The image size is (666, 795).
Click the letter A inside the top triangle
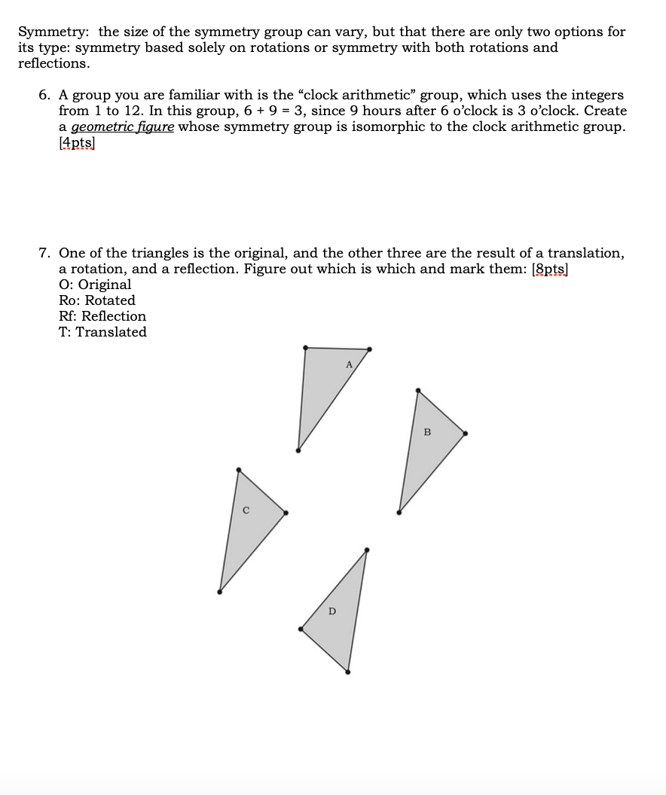pos(349,364)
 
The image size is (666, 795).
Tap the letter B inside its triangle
pos(427,432)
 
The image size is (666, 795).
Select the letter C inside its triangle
pos(246,511)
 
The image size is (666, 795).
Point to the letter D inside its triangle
pos(332,611)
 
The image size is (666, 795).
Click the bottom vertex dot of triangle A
pos(298,450)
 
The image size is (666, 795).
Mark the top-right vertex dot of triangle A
pos(369,349)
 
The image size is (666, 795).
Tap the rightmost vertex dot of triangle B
pos(465,433)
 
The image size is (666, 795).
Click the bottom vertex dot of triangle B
pos(399,512)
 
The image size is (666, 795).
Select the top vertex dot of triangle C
pos(239,470)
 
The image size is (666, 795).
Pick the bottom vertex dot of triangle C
pos(220,592)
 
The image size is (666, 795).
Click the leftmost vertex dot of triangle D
pos(302,629)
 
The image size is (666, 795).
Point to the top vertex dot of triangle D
pos(366,550)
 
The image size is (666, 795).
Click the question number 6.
pos(44,95)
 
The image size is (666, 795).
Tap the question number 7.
pos(44,253)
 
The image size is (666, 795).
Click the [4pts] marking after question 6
pos(77,142)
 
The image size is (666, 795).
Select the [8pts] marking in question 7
pos(550,269)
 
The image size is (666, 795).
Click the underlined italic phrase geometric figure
pos(122,126)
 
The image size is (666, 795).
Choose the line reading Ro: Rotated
pos(96,300)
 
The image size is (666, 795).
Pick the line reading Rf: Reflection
pos(102,316)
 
